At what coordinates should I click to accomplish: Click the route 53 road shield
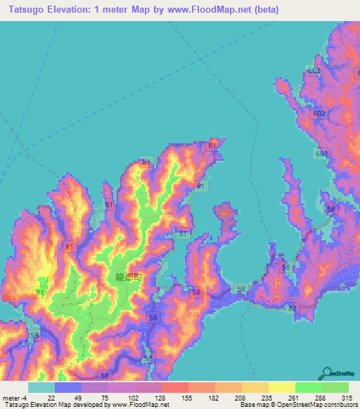pos(35,336)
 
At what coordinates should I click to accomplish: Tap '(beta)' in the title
pos(266,10)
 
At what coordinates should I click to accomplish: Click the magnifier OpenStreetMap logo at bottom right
pos(328,373)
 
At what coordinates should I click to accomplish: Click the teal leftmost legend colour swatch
pos(41,387)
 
